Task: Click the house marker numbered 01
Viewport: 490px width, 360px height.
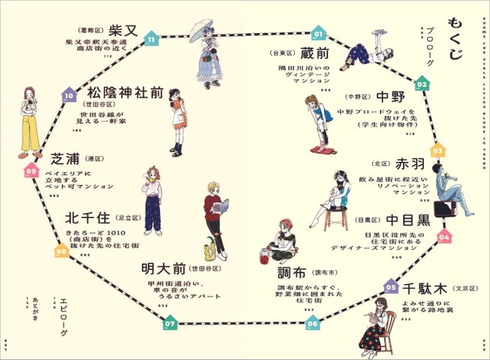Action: click(317, 33)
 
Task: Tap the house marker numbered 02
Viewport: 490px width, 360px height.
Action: click(422, 83)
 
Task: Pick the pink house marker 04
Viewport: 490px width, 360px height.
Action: click(444, 236)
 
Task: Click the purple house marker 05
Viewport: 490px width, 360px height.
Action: click(390, 286)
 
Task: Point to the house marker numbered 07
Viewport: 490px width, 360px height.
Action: click(170, 323)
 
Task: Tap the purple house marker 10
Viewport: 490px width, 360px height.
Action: click(69, 95)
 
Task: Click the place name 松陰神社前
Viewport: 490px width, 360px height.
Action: click(125, 93)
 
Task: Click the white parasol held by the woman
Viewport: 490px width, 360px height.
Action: click(199, 28)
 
